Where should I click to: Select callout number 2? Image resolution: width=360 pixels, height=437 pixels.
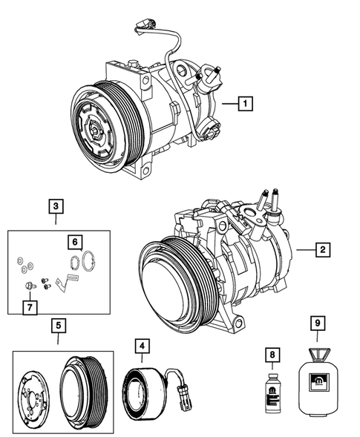[x=322, y=250]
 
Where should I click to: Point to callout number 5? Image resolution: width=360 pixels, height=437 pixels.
[x=58, y=325]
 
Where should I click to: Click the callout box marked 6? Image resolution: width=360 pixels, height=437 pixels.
[x=74, y=242]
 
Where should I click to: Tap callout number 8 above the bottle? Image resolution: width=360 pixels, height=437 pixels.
[x=272, y=355]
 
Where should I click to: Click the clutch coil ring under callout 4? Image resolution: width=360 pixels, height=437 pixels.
[x=142, y=390]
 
